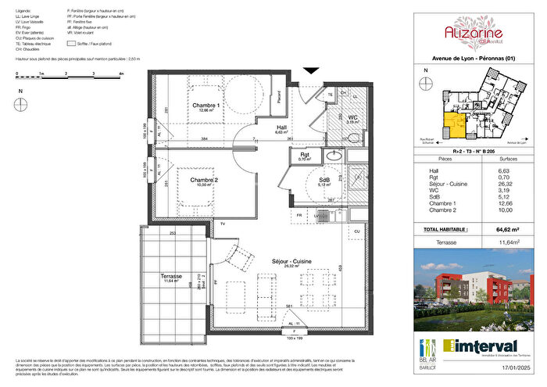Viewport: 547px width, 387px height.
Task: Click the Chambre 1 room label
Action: coord(206,105)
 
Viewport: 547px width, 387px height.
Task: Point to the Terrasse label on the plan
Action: coord(170,277)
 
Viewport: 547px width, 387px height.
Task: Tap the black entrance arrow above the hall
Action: coord(311,71)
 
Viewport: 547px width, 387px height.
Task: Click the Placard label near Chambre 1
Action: coord(280,97)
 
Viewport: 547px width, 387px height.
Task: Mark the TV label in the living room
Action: coord(223,225)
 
